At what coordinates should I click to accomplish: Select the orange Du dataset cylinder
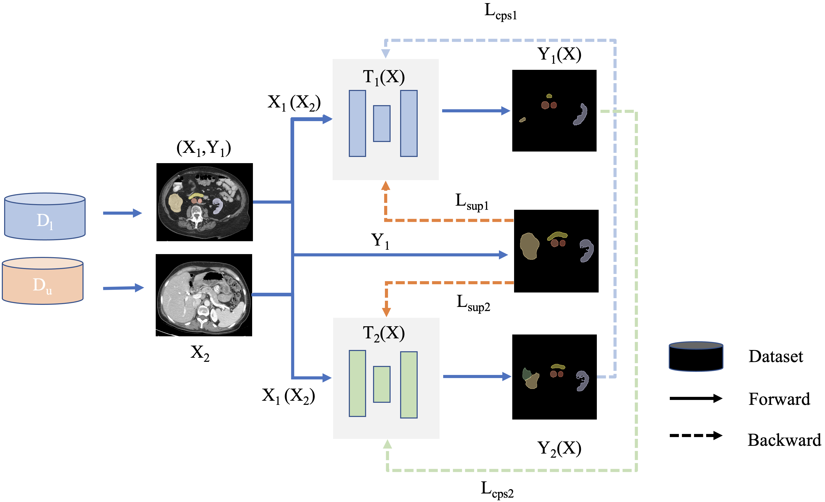pyautogui.click(x=43, y=281)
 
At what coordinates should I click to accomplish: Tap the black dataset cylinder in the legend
pyautogui.click(x=696, y=356)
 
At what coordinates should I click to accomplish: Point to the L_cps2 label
pyautogui.click(x=497, y=489)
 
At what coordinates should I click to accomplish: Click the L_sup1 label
pyautogui.click(x=472, y=202)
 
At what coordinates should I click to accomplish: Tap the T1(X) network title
pyautogui.click(x=384, y=77)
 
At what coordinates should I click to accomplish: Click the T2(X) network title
pyautogui.click(x=384, y=334)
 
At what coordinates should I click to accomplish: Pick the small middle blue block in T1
pyautogui.click(x=382, y=123)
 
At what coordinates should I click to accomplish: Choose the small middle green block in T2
pyautogui.click(x=382, y=384)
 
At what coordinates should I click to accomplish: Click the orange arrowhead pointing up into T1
pyautogui.click(x=386, y=186)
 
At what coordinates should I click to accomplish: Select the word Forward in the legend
pyautogui.click(x=779, y=399)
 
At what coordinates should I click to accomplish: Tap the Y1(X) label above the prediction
pyautogui.click(x=559, y=55)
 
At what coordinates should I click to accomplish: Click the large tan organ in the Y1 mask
pyautogui.click(x=529, y=246)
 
